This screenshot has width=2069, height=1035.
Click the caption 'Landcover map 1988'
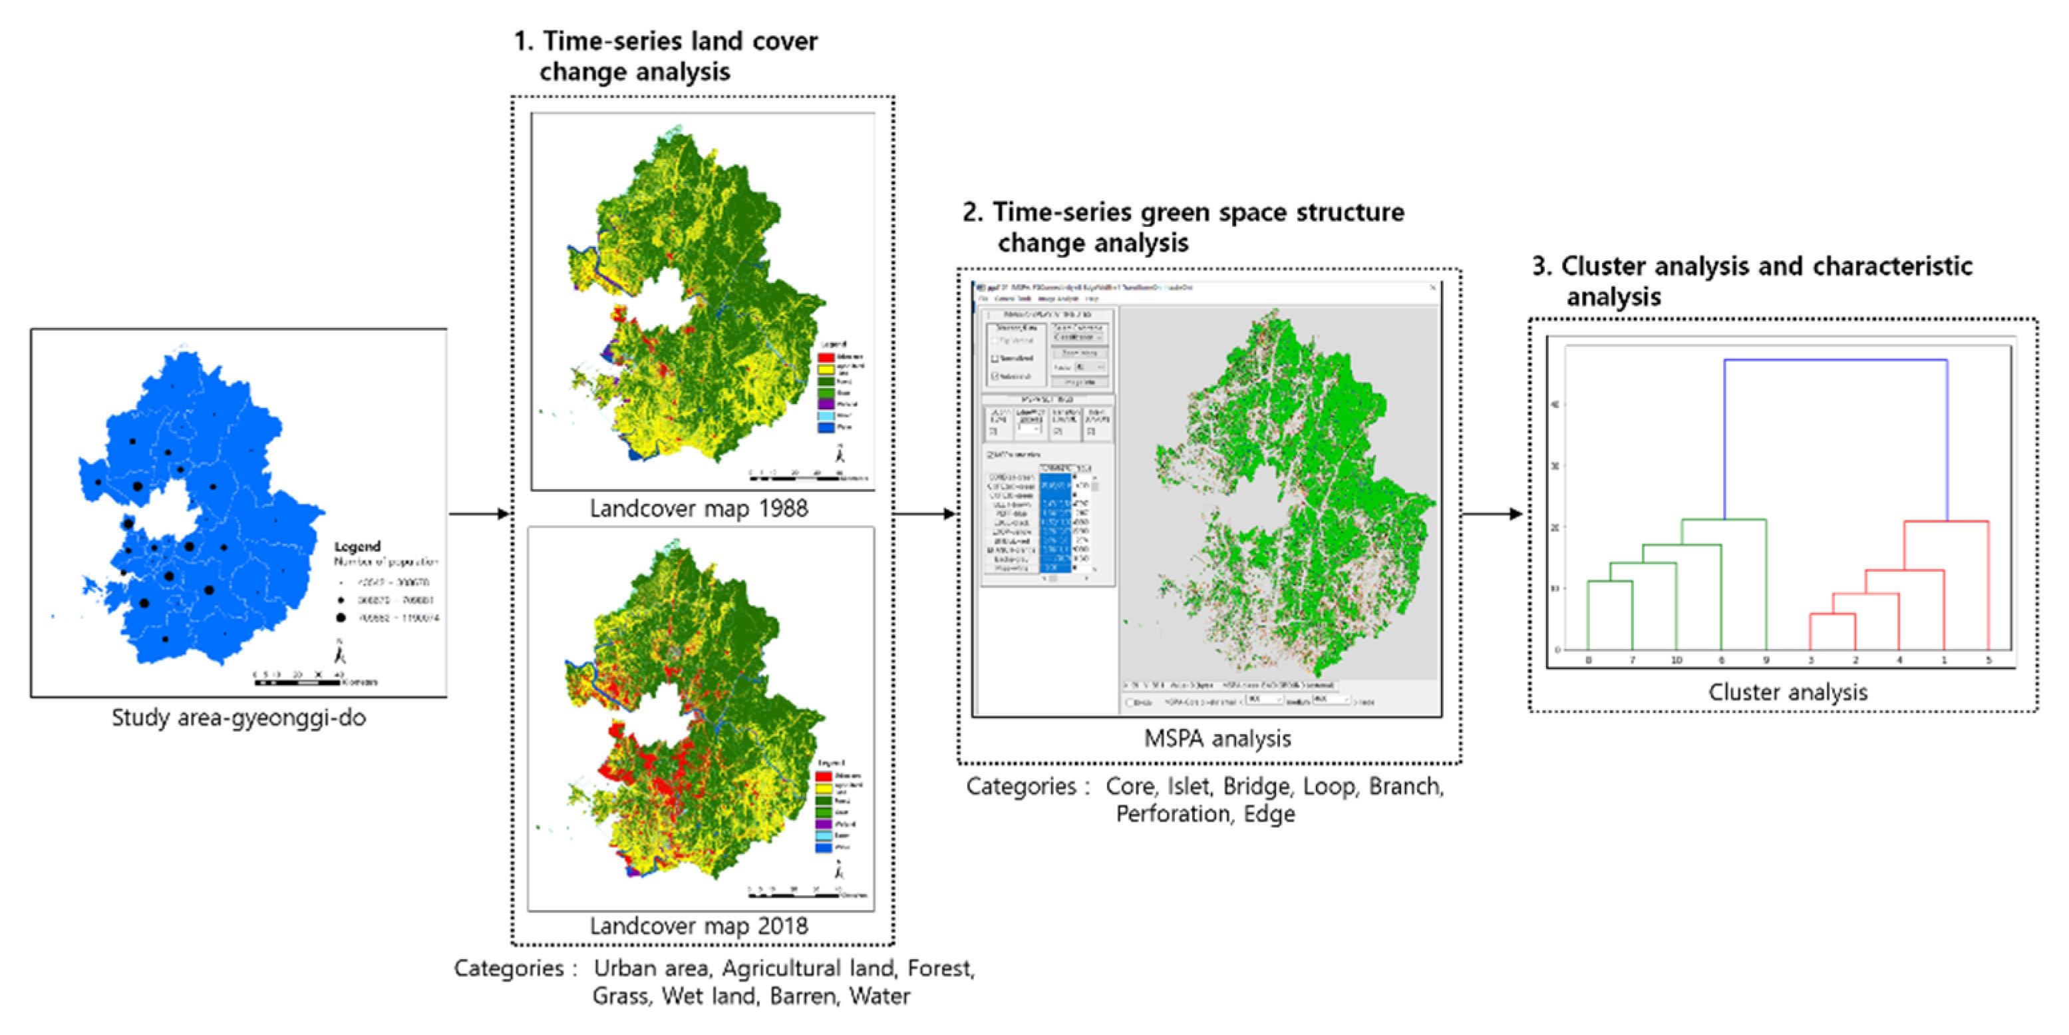coord(699,509)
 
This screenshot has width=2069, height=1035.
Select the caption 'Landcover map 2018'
coord(699,926)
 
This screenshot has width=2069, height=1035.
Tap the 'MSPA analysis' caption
coord(1217,739)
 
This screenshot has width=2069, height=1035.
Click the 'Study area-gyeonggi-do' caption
coord(239,718)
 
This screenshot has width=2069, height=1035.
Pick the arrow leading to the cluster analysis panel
coord(1492,513)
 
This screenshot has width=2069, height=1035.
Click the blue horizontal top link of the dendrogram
coord(1835,360)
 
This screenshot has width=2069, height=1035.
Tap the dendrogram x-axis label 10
coord(1676,660)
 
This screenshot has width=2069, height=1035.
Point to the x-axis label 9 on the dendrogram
coord(1766,660)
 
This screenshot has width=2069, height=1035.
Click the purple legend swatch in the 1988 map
coord(826,404)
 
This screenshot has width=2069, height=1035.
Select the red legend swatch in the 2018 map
coord(823,776)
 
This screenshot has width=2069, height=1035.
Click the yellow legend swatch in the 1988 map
coord(826,369)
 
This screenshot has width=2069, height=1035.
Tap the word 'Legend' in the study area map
coord(357,546)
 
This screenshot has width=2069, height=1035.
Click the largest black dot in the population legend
coord(341,618)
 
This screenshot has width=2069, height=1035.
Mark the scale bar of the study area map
coord(297,682)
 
